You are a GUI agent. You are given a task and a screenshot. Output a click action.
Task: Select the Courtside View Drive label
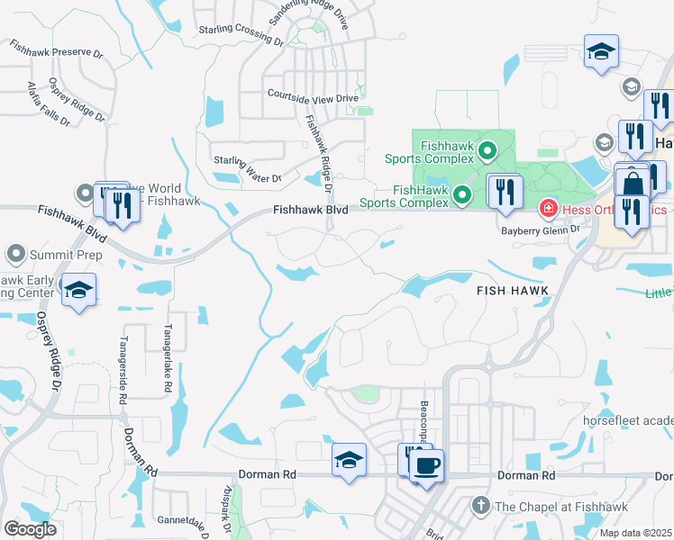[314, 94]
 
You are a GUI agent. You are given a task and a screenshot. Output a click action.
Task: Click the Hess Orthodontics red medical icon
[547, 210]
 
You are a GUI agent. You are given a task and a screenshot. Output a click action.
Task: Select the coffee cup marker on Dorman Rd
[426, 465]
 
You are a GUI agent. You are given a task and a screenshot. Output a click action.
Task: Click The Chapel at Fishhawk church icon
[481, 506]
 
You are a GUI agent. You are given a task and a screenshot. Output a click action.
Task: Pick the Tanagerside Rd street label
[123, 370]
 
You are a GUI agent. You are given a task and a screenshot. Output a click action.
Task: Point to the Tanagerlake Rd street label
[168, 357]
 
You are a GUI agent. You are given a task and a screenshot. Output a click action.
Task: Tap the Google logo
[30, 529]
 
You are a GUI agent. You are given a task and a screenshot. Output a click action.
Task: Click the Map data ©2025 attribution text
[636, 533]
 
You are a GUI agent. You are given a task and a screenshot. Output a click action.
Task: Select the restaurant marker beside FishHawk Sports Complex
[504, 191]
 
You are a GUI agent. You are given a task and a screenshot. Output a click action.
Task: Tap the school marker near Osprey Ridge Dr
[78, 290]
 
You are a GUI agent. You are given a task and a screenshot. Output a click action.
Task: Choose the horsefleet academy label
[641, 421]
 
